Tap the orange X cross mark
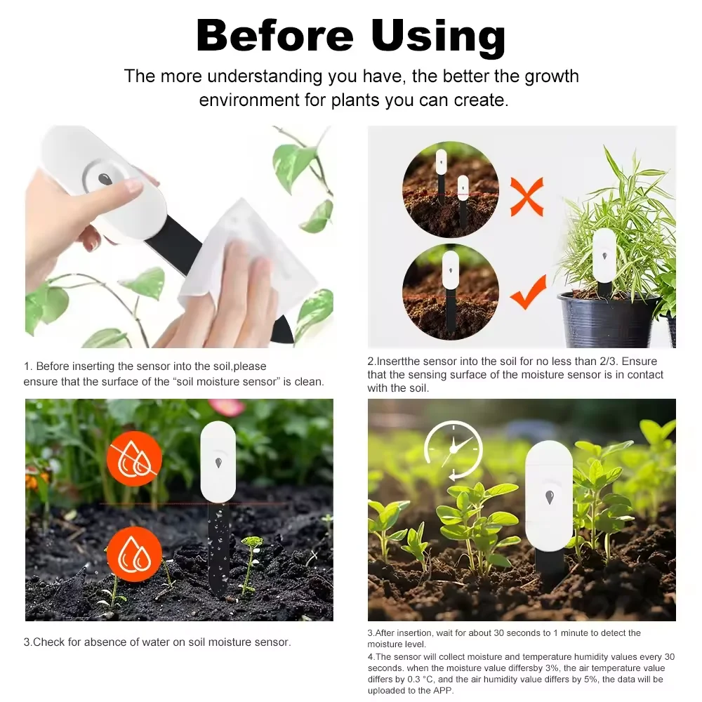click(x=526, y=197)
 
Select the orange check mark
click(x=528, y=293)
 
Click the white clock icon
click(x=453, y=451)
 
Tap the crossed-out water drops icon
click(x=134, y=458)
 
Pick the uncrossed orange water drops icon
click(x=134, y=552)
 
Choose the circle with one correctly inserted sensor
click(x=450, y=291)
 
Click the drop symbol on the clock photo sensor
click(x=549, y=497)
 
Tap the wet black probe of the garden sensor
click(x=218, y=548)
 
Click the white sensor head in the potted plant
click(x=604, y=256)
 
